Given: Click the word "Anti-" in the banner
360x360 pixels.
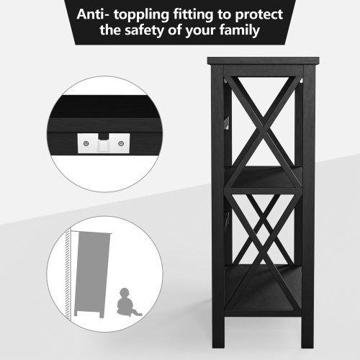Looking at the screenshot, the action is tap(92, 14).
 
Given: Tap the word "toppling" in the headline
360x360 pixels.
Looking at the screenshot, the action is tap(142, 15).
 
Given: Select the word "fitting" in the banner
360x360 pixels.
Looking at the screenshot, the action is tap(193, 15).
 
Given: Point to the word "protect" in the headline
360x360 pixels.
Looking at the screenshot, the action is tap(259, 15).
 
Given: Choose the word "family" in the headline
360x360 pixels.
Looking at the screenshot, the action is tap(240, 30).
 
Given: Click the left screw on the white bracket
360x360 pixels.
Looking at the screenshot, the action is tap(86, 143).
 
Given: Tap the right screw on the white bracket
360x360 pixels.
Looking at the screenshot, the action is tap(121, 143).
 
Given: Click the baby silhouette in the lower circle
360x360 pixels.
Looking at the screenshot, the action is tap(127, 302).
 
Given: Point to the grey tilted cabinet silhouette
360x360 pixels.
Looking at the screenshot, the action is tap(92, 274).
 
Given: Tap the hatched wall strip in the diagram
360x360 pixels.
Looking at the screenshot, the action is tap(68, 274).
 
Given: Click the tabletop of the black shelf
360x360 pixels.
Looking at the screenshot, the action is tap(264, 60).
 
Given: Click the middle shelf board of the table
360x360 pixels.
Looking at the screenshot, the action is tap(264, 178).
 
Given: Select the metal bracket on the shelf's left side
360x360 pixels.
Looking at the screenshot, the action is tap(227, 123).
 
